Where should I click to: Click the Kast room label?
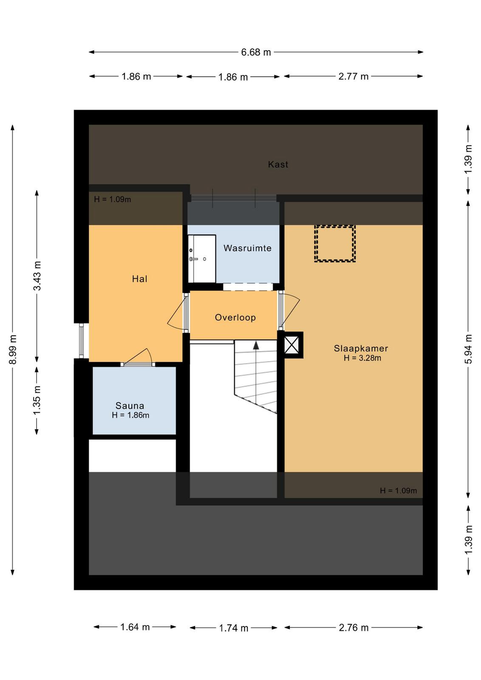[278, 164]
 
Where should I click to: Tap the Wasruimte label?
[247, 248]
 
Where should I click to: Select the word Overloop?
[235, 317]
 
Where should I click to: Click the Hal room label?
[140, 279]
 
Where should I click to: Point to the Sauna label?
[130, 405]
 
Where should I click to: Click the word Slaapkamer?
[361, 348]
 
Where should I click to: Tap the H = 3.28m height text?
[362, 358]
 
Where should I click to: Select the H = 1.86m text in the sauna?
[130, 415]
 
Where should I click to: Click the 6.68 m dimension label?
[256, 52]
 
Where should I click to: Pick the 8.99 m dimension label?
[13, 349]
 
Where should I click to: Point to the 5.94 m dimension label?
[468, 349]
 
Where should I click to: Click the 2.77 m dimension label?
[353, 76]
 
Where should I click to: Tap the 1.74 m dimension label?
[233, 627]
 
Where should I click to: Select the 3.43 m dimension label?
[37, 276]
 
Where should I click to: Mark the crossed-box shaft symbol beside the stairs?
[292, 345]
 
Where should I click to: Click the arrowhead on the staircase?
[256, 345]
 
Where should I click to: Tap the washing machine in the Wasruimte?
[202, 259]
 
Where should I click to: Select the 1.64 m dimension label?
[135, 626]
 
